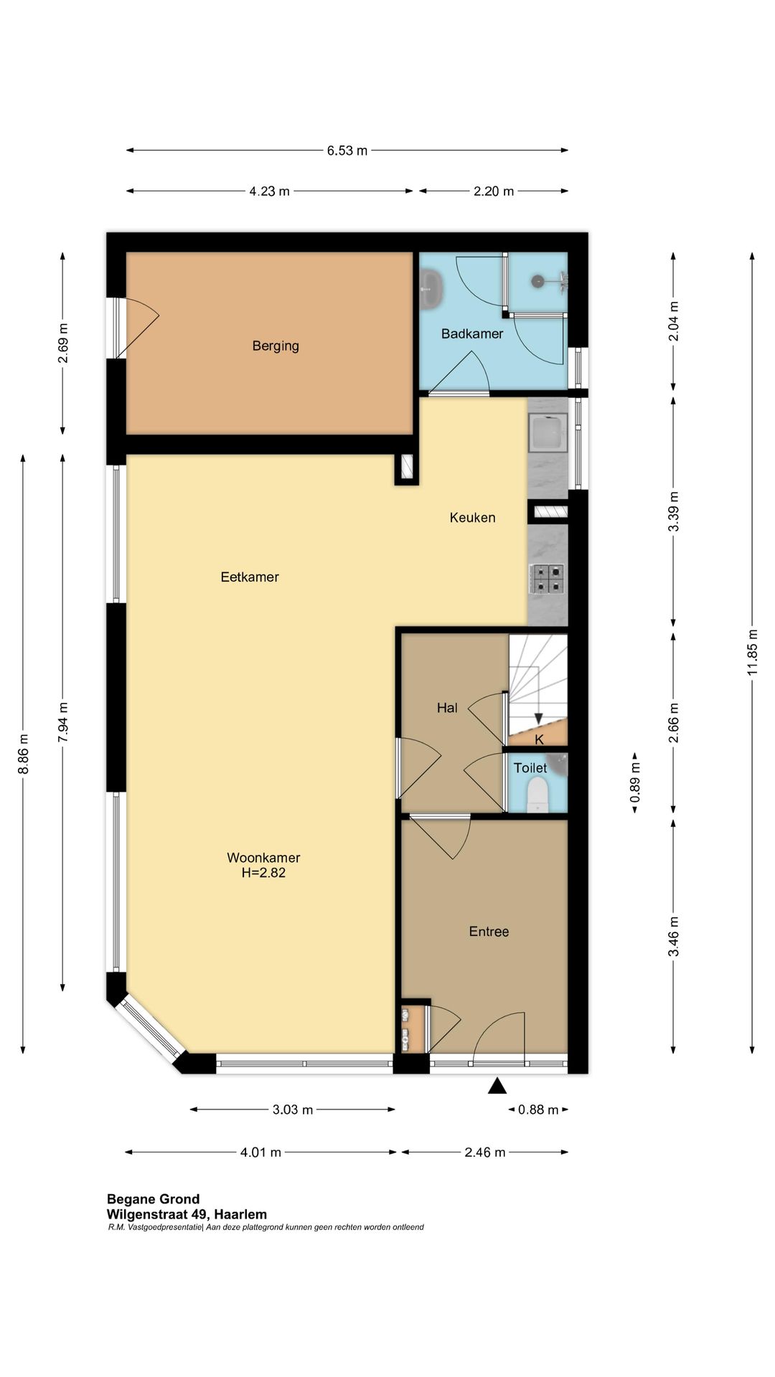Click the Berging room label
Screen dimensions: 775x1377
tap(276, 346)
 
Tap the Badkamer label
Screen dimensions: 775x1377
tap(472, 333)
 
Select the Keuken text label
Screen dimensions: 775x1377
tap(472, 517)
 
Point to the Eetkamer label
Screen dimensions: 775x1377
tap(250, 577)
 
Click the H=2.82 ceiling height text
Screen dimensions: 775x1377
tap(263, 873)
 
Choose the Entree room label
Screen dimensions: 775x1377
tap(489, 932)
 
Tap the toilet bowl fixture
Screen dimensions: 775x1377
tap(537, 795)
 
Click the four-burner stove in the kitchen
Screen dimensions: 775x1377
tap(547, 579)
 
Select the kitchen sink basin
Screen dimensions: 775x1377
tap(548, 432)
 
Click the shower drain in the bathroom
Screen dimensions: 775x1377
tap(537, 281)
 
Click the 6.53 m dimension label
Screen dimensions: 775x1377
tap(347, 151)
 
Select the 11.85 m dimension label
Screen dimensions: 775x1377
tap(752, 652)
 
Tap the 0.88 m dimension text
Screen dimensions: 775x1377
tap(538, 1109)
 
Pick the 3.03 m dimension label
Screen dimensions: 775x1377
tap(293, 1109)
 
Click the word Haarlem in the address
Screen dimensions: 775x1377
tap(240, 1214)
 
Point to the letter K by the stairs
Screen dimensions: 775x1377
tap(540, 739)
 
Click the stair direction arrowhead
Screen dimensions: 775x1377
tap(538, 719)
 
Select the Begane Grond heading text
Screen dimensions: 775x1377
tap(154, 1198)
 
